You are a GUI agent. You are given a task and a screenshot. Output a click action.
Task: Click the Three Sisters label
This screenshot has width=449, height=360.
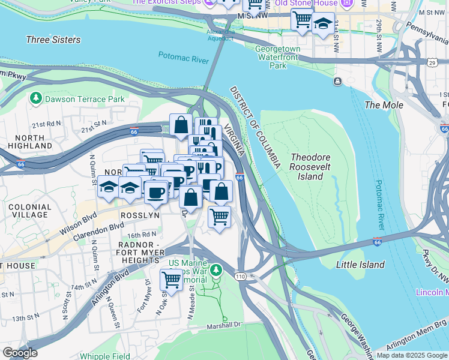click(53, 40)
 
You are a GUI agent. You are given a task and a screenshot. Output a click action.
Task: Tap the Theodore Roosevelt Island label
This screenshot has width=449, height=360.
click(310, 167)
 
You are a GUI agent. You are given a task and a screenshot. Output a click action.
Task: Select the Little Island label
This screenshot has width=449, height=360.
click(360, 265)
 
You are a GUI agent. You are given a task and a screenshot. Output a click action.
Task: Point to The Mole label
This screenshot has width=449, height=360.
click(380, 104)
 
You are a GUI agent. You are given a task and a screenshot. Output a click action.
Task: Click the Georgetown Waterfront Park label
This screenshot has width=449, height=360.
click(277, 58)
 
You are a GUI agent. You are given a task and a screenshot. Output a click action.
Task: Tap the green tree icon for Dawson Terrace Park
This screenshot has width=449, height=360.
click(35, 98)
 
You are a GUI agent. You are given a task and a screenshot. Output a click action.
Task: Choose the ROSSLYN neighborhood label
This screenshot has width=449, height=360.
click(140, 215)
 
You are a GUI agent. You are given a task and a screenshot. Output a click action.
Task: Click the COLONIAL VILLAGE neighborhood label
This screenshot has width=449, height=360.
click(25, 211)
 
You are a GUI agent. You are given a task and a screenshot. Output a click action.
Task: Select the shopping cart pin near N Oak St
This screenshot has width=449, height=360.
click(171, 279)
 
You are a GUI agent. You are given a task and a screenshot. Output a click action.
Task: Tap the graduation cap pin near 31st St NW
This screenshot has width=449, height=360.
click(324, 25)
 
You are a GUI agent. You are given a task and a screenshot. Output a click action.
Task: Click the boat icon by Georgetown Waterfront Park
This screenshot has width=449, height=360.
click(339, 81)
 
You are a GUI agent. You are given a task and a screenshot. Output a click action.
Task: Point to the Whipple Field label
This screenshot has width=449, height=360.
click(103, 356)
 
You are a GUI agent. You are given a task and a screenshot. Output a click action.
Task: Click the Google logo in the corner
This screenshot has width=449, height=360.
click(20, 353)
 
